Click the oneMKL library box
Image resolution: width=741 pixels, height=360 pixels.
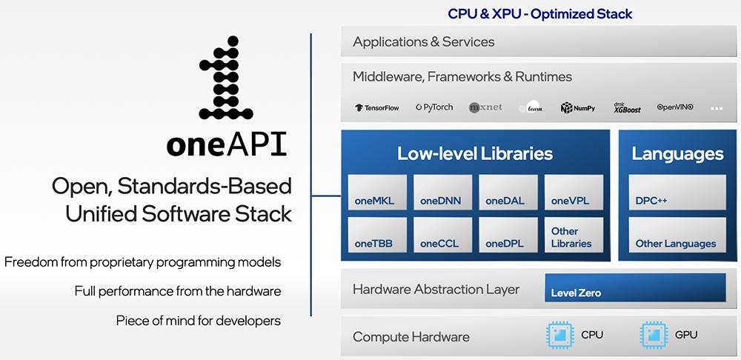point(377,193)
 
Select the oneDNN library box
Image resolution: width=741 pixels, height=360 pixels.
point(442,193)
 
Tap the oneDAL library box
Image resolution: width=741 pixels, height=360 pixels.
point(508,193)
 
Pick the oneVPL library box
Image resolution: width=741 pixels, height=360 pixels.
point(573,193)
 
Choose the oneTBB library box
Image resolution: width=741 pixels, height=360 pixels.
point(377,235)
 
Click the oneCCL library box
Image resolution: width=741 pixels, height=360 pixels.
point(442,235)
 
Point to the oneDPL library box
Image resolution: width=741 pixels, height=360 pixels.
point(508,235)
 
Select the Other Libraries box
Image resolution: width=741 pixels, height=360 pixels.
point(573,235)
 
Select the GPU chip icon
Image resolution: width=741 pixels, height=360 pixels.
point(652,336)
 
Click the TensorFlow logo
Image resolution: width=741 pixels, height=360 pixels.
point(377,107)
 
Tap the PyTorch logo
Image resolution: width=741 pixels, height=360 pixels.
point(434,107)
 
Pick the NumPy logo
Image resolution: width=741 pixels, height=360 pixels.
point(578,107)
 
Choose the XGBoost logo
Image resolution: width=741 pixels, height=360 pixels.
point(627,107)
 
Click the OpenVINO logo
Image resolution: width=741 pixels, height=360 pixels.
point(675,107)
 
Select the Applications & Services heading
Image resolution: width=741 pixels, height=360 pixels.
point(423,42)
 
